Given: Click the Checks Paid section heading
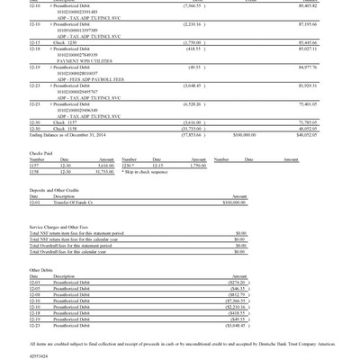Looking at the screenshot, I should (x=41, y=152).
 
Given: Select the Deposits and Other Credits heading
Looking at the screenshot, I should (x=55, y=190).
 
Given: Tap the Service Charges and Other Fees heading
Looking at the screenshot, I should (x=59, y=227).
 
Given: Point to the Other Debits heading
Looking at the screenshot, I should (x=41, y=270).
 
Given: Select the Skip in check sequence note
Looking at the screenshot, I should (x=147, y=171).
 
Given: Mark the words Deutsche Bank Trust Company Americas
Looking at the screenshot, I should (x=289, y=343).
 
